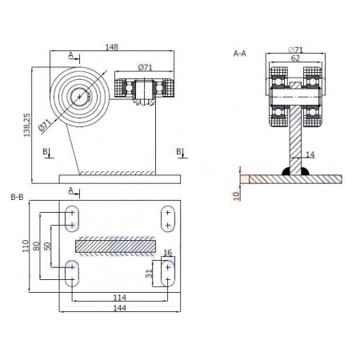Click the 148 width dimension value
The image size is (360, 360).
pyautogui.click(x=111, y=47)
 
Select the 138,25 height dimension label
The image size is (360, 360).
pyautogui.click(x=27, y=125)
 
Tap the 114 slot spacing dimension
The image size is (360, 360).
pyautogui.click(x=120, y=298)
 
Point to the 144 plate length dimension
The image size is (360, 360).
pyautogui.click(x=120, y=308)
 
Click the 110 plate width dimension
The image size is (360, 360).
pyautogui.click(x=26, y=246)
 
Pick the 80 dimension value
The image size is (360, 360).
pyautogui.click(x=36, y=246)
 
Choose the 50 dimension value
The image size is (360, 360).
pyautogui.click(x=47, y=246)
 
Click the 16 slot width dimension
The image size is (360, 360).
pyautogui.click(x=168, y=253)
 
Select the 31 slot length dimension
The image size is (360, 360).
pyautogui.click(x=149, y=274)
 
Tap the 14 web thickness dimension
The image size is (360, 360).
pyautogui.click(x=310, y=154)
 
